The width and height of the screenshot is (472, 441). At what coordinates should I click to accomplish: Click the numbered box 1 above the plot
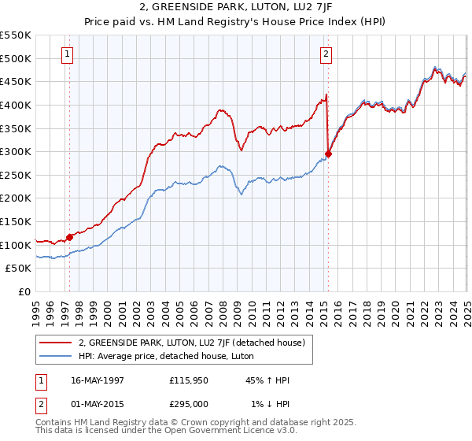(x=68, y=54)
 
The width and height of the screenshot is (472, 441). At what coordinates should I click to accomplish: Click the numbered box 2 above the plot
(x=326, y=54)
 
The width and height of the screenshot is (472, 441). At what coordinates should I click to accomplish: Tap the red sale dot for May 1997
(x=69, y=236)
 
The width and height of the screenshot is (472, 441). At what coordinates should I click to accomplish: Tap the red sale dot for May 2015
(x=328, y=154)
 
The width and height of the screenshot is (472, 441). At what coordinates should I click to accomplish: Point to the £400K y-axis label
(x=17, y=105)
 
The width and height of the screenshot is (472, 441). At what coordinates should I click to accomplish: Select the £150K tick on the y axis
(x=17, y=221)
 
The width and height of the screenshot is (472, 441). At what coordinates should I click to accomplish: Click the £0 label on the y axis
(x=24, y=291)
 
